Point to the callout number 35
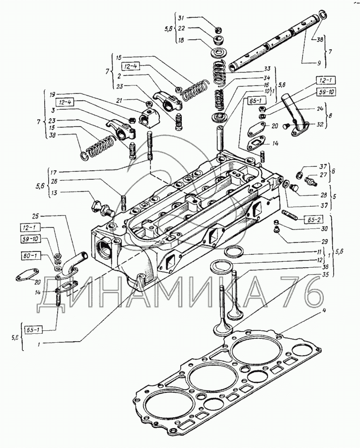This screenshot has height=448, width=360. [x=325, y=274]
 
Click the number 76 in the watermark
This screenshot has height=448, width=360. [x=293, y=296]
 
